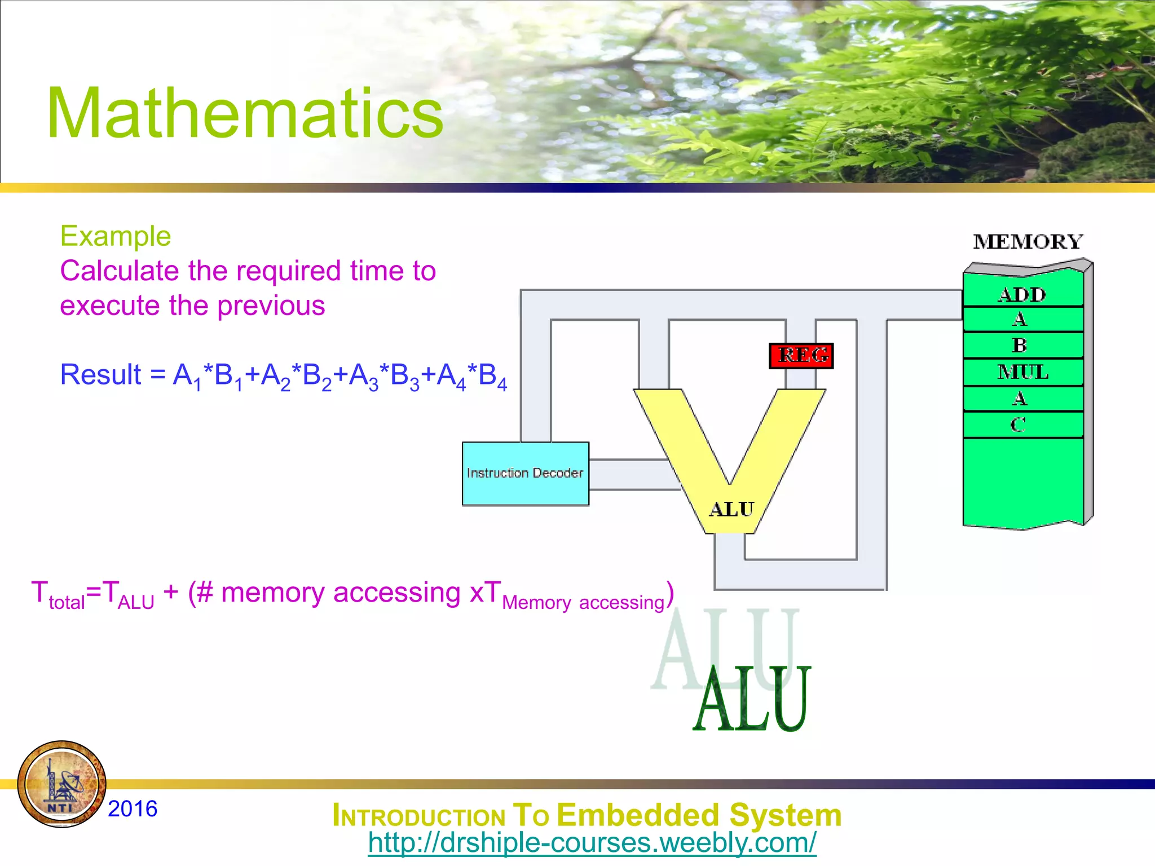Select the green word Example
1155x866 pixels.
coord(116,236)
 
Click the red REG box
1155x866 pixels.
coord(801,356)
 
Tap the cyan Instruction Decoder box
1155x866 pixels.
coord(525,474)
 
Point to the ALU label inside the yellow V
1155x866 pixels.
coord(731,509)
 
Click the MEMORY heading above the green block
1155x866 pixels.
coord(1028,242)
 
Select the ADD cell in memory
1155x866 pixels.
coord(1022,294)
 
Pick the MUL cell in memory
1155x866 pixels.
coord(1022,372)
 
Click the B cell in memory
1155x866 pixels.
coord(1020,345)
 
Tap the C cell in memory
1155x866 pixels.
coord(1019,425)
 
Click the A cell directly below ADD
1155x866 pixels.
coord(1020,320)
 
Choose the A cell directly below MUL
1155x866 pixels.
coord(1020,399)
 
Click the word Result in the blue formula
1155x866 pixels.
coord(100,375)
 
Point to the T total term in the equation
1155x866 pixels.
coord(56,595)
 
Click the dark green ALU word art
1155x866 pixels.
coord(752,700)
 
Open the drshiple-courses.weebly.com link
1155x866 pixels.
coord(592,843)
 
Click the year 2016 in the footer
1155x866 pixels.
coord(133,808)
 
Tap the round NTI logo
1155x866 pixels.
coord(62,784)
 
